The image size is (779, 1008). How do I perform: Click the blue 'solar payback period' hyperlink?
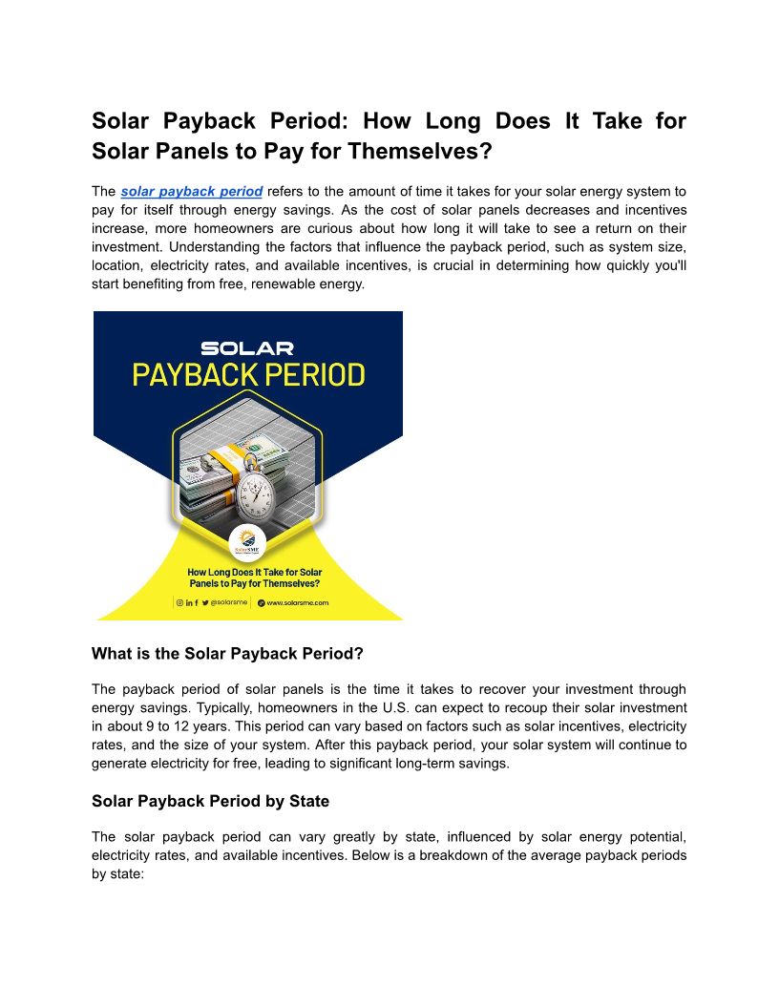click(192, 192)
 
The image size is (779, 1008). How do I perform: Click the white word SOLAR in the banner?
click(247, 348)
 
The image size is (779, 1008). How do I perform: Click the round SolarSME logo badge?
click(247, 547)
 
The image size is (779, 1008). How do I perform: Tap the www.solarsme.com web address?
click(297, 603)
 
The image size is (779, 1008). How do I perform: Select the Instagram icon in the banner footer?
click(179, 603)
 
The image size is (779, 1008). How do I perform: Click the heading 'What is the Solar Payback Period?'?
click(227, 654)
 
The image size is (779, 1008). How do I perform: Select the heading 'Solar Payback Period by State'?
click(212, 800)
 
